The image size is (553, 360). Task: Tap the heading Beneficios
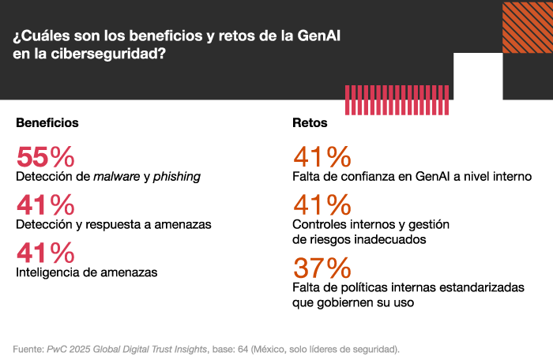tap(47, 123)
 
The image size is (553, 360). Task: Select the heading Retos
tap(310, 123)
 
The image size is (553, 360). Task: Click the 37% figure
tap(322, 268)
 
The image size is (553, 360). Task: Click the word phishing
tap(176, 176)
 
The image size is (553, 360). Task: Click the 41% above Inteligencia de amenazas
tap(45, 253)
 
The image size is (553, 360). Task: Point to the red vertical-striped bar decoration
tap(379, 100)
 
